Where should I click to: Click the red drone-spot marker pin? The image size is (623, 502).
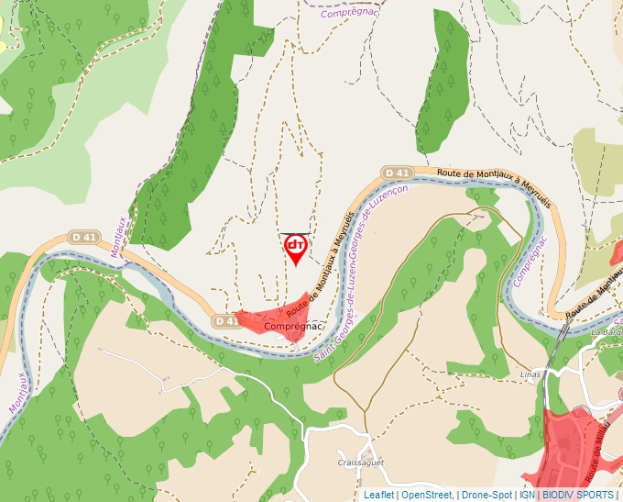295,249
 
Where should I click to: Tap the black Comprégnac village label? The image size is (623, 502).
292,326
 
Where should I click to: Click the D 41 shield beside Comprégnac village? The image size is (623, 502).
224,321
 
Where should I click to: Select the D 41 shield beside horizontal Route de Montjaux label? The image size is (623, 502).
397,173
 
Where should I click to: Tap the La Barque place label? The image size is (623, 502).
606,331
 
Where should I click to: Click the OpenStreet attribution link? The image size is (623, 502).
427,495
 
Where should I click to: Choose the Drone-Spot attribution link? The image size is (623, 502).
486,495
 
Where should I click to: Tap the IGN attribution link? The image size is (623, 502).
527,495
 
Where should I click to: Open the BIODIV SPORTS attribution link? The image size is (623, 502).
578,495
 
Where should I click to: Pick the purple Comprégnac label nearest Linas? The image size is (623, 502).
530,261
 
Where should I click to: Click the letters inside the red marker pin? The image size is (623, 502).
295,245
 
